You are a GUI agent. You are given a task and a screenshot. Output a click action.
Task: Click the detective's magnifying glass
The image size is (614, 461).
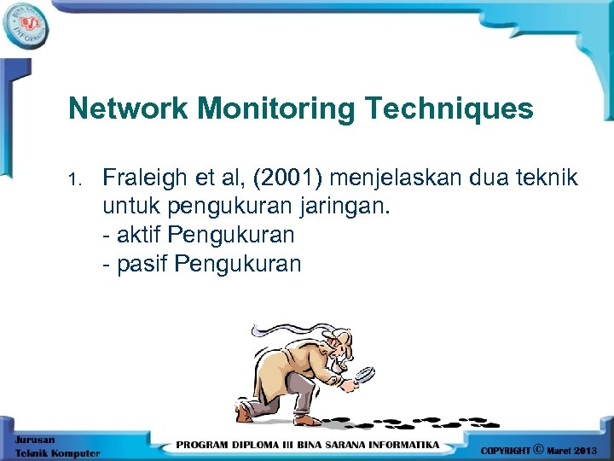pos(364,375)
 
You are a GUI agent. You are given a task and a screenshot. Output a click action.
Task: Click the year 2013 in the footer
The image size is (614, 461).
pos(589,449)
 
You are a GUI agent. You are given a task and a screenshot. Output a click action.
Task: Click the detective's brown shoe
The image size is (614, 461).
pos(246,413)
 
